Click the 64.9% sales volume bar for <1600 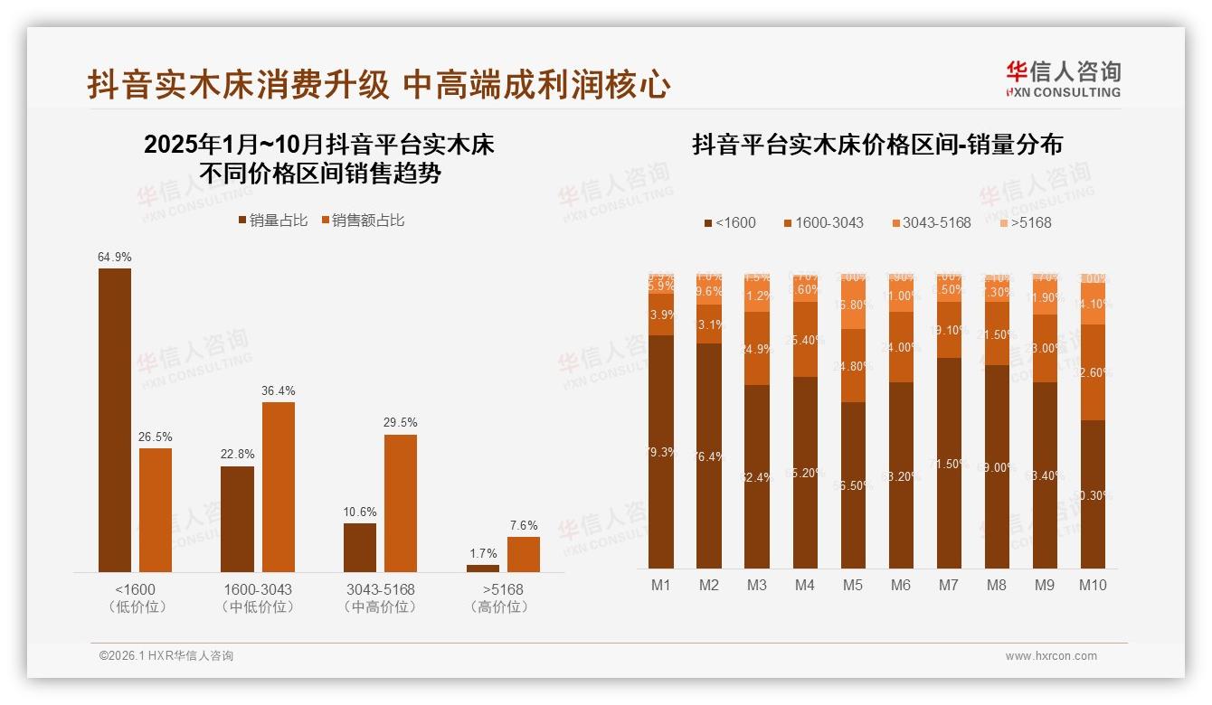[x=115, y=419]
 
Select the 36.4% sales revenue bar [x=279, y=486]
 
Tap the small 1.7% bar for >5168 [x=483, y=569]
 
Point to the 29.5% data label [x=401, y=422]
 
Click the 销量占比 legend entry [x=272, y=220]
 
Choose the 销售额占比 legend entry [x=364, y=220]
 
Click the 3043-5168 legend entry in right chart [x=930, y=222]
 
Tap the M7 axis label [x=948, y=585]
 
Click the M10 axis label [x=1093, y=585]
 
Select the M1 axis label [x=661, y=585]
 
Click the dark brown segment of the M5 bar [x=853, y=484]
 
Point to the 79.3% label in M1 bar [x=661, y=452]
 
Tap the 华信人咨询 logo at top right [x=1063, y=79]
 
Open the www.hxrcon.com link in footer [x=1051, y=656]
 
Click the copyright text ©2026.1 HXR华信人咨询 [x=166, y=656]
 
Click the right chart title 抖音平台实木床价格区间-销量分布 [x=876, y=145]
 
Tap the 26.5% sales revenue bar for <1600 [x=156, y=510]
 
